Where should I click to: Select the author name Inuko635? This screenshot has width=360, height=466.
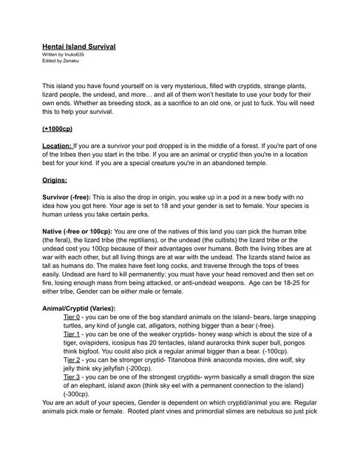72,54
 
